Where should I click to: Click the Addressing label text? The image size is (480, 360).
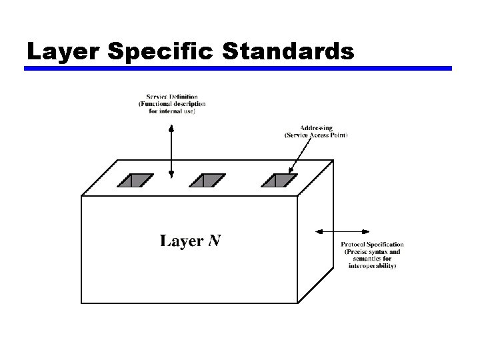pos(316,127)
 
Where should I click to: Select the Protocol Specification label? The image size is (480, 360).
pos(372,245)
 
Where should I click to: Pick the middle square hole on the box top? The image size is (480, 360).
pos(208,180)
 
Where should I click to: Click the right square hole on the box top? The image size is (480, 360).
pos(279,180)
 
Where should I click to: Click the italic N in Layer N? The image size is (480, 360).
pos(215,241)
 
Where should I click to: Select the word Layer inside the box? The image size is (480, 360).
pos(181,241)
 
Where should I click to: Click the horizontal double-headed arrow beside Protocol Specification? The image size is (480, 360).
pos(327,231)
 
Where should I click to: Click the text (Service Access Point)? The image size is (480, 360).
pos(316,135)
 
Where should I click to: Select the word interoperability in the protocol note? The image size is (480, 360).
pos(372,266)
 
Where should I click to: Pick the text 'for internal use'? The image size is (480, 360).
pos(172,111)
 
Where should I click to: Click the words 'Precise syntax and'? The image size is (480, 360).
pos(372,252)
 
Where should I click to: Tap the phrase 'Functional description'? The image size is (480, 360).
pos(173,104)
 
